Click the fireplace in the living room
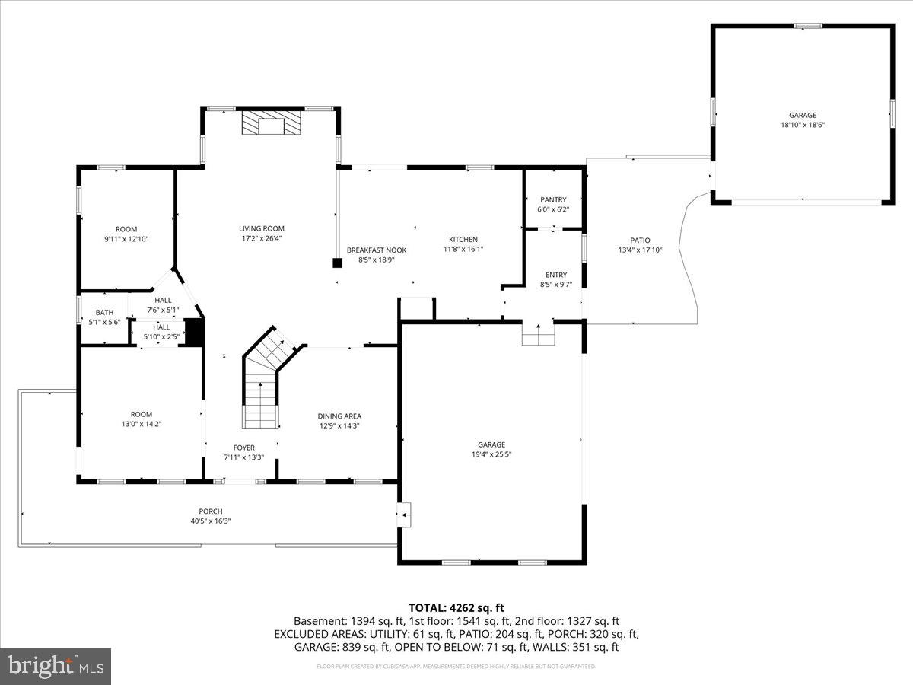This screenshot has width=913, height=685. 272,123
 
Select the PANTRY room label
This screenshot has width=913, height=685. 553,200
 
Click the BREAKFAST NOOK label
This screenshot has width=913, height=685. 377,250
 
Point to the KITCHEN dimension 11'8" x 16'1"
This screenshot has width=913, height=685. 463,249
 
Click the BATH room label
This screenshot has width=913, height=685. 104,312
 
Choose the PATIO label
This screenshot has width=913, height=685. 640,241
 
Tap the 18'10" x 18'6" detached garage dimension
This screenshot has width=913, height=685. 802,126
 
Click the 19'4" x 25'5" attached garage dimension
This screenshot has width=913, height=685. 491,454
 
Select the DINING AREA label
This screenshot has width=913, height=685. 339,416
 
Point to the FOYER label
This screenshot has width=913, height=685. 244,448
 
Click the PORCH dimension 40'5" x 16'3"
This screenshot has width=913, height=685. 211,521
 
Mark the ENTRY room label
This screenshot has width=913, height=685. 556,275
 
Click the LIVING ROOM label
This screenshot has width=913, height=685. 262,228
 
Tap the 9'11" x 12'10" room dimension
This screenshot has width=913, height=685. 126,239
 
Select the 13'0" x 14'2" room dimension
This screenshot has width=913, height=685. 142,424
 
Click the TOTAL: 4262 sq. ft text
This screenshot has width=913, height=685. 456,607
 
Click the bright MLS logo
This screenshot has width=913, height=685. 56,667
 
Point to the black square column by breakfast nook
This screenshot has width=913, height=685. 337,263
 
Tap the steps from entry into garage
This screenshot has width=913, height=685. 538,334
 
